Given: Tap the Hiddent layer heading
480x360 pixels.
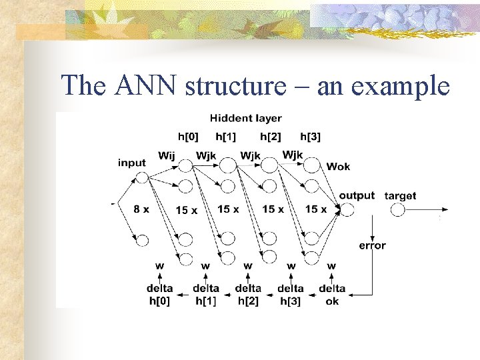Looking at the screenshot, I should (x=245, y=118).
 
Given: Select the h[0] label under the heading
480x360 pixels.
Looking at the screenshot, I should (x=188, y=137).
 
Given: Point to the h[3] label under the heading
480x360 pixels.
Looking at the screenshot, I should (x=310, y=137).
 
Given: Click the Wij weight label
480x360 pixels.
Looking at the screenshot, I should (x=167, y=156).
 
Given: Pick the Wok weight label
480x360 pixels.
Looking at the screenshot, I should (x=337, y=167).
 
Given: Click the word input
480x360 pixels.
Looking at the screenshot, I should (x=132, y=163).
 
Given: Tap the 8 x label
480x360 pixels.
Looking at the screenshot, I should (x=141, y=209).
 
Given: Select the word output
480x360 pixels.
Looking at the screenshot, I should (x=357, y=195).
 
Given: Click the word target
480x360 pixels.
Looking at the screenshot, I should (x=400, y=195).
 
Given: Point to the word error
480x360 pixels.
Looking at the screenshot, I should (x=372, y=245).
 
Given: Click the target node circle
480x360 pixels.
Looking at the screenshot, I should (x=398, y=210).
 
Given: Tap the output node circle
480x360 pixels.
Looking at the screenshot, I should (x=347, y=210).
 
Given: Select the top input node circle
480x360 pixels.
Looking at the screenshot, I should (x=141, y=177).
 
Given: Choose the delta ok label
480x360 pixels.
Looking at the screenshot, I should (x=332, y=295).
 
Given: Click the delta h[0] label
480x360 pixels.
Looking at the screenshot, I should (x=160, y=295).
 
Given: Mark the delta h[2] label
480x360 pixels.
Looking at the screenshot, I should (x=248, y=295).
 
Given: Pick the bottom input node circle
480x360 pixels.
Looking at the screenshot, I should (x=141, y=240).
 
